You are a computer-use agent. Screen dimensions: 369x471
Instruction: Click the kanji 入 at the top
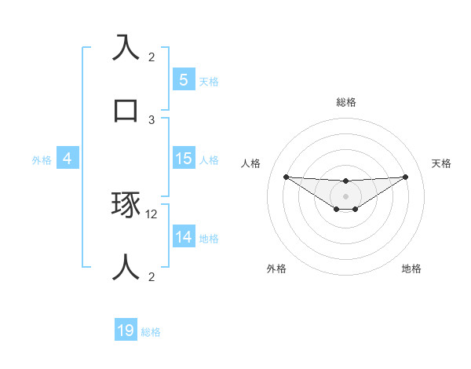126,47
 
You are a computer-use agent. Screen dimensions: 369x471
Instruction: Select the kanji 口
126,109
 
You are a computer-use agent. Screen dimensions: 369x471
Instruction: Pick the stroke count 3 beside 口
152,119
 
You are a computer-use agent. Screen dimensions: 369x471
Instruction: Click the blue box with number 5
183,79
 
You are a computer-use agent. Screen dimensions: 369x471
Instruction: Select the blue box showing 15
183,158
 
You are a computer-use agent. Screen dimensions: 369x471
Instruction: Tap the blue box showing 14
183,236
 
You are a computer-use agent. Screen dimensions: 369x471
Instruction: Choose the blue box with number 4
67,158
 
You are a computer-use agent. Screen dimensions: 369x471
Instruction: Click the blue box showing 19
126,331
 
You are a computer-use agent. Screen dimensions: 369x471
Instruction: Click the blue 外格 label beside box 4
42,159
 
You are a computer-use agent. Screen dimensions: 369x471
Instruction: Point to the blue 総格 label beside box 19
151,332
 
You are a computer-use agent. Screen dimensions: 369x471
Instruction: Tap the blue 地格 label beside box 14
209,238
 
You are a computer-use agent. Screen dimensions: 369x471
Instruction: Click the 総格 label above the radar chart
345,102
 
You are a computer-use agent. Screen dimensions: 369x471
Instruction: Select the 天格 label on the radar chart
441,163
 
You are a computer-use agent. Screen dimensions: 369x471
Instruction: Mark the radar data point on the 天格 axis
405,177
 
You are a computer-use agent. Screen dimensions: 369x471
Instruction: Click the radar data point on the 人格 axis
286,177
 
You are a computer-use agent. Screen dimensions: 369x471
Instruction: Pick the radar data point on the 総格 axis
345,181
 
